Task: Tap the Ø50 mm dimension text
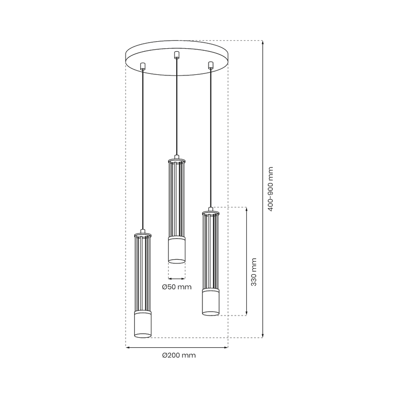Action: [177, 287]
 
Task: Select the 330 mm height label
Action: [254, 272]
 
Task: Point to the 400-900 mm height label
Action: [271, 189]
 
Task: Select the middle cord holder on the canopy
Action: [176, 55]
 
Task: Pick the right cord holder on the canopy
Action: [211, 65]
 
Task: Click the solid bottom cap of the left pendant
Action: [143, 325]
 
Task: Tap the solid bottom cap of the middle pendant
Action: [177, 250]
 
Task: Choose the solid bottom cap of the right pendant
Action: [211, 303]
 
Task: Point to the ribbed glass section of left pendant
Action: [143, 274]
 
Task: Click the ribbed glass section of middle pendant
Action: [177, 198]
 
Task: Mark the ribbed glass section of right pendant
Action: [211, 251]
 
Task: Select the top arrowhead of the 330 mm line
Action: [246, 209]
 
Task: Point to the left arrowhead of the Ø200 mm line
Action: [127, 347]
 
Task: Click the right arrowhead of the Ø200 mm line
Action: [226, 347]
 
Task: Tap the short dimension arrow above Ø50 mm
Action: [177, 278]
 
